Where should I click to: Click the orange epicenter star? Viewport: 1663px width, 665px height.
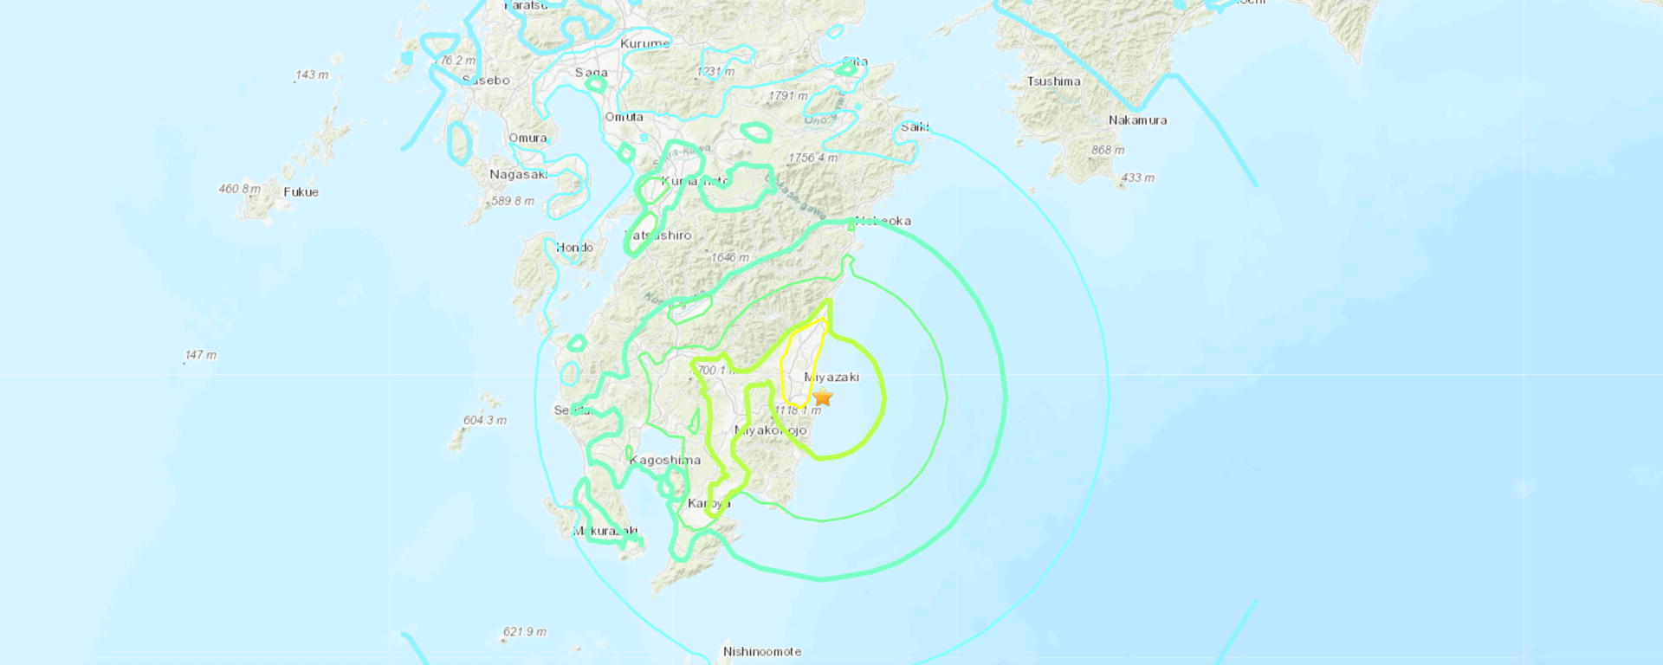823,397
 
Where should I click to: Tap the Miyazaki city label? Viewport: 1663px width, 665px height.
831,377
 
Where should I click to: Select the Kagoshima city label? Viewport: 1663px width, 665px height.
665,460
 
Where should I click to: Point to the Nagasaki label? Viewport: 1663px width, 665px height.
518,174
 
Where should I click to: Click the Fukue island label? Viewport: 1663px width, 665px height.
301,192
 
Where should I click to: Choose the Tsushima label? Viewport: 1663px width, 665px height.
1053,81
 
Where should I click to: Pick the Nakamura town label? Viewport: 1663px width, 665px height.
1137,120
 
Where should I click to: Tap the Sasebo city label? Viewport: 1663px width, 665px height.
487,81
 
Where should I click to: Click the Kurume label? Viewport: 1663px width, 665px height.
644,43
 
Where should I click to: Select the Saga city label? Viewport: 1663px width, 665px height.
592,73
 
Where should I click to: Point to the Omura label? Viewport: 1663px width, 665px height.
527,138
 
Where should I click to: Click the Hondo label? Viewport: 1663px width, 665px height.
574,248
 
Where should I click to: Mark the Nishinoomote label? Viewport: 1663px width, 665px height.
762,651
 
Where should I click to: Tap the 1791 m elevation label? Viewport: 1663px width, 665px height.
787,95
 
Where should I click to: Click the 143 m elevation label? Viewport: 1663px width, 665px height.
312,74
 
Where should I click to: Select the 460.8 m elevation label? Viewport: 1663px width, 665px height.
239,189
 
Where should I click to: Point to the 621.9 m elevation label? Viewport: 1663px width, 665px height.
525,632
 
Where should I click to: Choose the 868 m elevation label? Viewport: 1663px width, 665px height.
1108,150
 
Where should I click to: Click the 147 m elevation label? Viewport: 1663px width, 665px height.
201,355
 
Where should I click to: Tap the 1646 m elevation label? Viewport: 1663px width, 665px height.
729,257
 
